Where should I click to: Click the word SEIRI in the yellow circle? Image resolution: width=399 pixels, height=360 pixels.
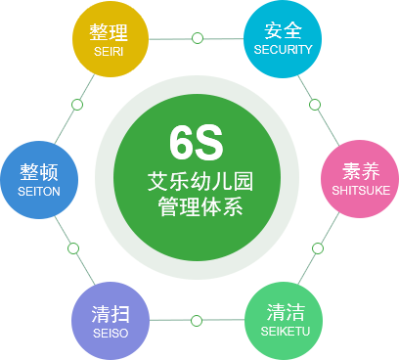109,52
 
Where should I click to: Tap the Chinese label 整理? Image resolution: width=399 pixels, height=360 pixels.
109,32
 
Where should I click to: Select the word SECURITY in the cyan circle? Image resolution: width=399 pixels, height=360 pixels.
283,50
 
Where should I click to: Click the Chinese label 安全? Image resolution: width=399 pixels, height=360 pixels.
283,30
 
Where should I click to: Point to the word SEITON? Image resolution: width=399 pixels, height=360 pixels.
39,192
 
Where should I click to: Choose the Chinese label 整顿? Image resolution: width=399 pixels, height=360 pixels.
39,172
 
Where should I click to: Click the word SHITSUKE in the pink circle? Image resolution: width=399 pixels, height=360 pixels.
361,191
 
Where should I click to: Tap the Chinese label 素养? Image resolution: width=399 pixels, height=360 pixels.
361,171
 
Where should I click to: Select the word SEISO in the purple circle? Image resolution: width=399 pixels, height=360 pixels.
111,334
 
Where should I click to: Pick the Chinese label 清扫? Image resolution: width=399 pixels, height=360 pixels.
111,314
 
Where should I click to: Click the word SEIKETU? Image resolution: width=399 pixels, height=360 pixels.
286,332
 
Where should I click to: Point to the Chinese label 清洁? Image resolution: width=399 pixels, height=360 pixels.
286,312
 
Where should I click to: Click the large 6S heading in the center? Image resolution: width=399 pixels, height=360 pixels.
197,143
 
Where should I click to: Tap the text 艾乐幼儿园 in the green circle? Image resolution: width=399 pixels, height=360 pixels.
200,182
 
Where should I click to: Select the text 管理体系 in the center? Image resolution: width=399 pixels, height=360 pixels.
200,206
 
